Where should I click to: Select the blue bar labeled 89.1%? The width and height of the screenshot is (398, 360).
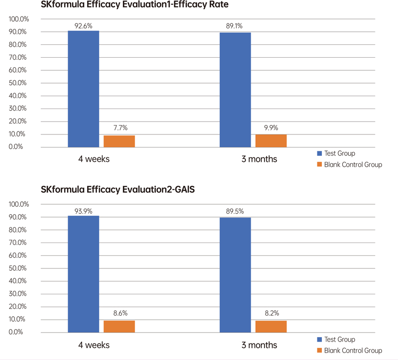click(235, 90)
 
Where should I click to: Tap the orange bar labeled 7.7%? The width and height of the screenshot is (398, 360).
click(119, 141)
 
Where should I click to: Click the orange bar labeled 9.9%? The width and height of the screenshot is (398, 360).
click(271, 141)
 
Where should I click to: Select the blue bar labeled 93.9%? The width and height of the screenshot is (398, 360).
click(83, 274)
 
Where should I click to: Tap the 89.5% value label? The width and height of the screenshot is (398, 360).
click(235, 211)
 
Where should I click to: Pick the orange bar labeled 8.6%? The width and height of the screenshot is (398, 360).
click(119, 327)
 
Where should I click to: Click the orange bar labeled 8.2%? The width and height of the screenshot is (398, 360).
click(271, 327)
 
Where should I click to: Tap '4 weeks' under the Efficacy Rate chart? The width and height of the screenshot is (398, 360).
click(93, 160)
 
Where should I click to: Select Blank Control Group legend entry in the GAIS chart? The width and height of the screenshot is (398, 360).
click(349, 351)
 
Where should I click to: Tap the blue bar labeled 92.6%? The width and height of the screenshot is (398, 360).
click(83, 90)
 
